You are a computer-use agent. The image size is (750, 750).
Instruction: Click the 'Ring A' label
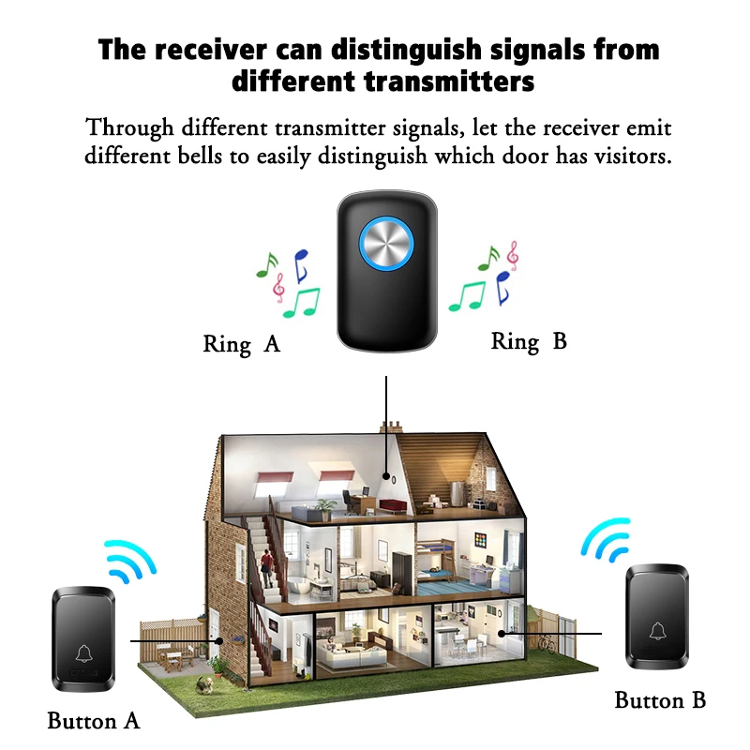click(x=241, y=344)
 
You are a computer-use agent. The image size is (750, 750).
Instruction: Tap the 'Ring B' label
click(x=529, y=341)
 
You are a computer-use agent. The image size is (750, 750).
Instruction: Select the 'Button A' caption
click(x=93, y=720)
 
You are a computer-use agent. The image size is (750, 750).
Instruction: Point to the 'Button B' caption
click(x=660, y=699)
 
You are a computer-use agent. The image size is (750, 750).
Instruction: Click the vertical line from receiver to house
click(x=386, y=422)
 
